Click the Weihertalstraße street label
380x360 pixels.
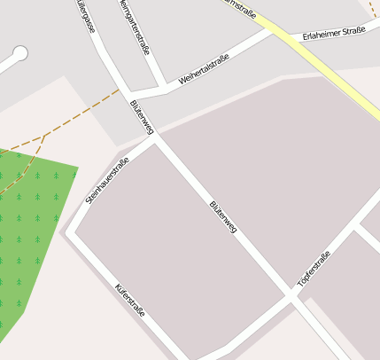click(204, 70)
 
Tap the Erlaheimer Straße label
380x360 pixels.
click(333, 35)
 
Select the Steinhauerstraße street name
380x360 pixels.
click(107, 180)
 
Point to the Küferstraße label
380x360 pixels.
click(129, 301)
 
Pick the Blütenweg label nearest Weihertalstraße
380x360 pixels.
click(142, 116)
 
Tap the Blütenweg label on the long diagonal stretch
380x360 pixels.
click(222, 217)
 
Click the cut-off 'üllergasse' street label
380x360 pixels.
click(86, 16)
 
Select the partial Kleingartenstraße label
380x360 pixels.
click(133, 25)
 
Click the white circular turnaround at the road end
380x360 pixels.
click(19, 53)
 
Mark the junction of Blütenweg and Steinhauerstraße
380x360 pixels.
click(156, 137)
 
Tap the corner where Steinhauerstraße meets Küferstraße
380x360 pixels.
click(71, 232)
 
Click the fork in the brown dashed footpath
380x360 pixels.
click(44, 137)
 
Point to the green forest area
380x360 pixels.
click(31, 222)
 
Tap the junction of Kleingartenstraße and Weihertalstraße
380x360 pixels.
click(161, 86)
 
